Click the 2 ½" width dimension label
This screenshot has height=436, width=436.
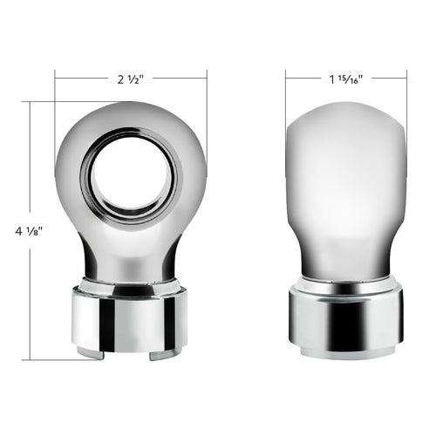131,79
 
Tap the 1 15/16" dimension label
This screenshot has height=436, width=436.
346,79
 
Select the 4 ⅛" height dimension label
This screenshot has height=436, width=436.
30,231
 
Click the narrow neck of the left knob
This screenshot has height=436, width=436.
131,257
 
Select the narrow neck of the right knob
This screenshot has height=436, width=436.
346,262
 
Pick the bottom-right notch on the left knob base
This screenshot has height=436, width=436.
158,355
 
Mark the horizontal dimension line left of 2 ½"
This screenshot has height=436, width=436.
83,79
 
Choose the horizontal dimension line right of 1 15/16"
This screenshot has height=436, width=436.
389,79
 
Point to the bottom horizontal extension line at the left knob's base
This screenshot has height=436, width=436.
52,359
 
